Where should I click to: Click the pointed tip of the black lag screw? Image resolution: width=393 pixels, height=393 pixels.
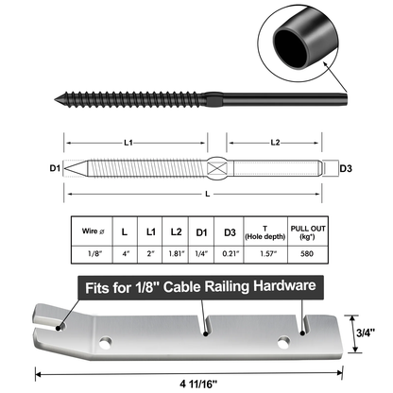point(55,100)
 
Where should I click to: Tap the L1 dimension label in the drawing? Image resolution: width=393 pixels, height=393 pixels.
point(128,143)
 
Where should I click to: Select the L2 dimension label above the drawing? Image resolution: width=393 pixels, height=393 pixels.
point(275,143)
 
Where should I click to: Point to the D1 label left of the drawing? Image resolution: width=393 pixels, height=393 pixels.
point(55,168)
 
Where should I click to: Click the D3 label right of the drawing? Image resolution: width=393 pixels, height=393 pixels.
point(346,168)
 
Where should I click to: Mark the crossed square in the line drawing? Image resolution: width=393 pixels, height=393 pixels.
point(217,168)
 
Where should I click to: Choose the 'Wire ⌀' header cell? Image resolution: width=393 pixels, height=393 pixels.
point(93,231)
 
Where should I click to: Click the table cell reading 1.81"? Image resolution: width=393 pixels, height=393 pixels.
point(176,253)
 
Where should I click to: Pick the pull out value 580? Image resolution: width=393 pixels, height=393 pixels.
point(307,253)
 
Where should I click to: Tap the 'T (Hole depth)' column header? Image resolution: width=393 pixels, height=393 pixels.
point(265,233)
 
